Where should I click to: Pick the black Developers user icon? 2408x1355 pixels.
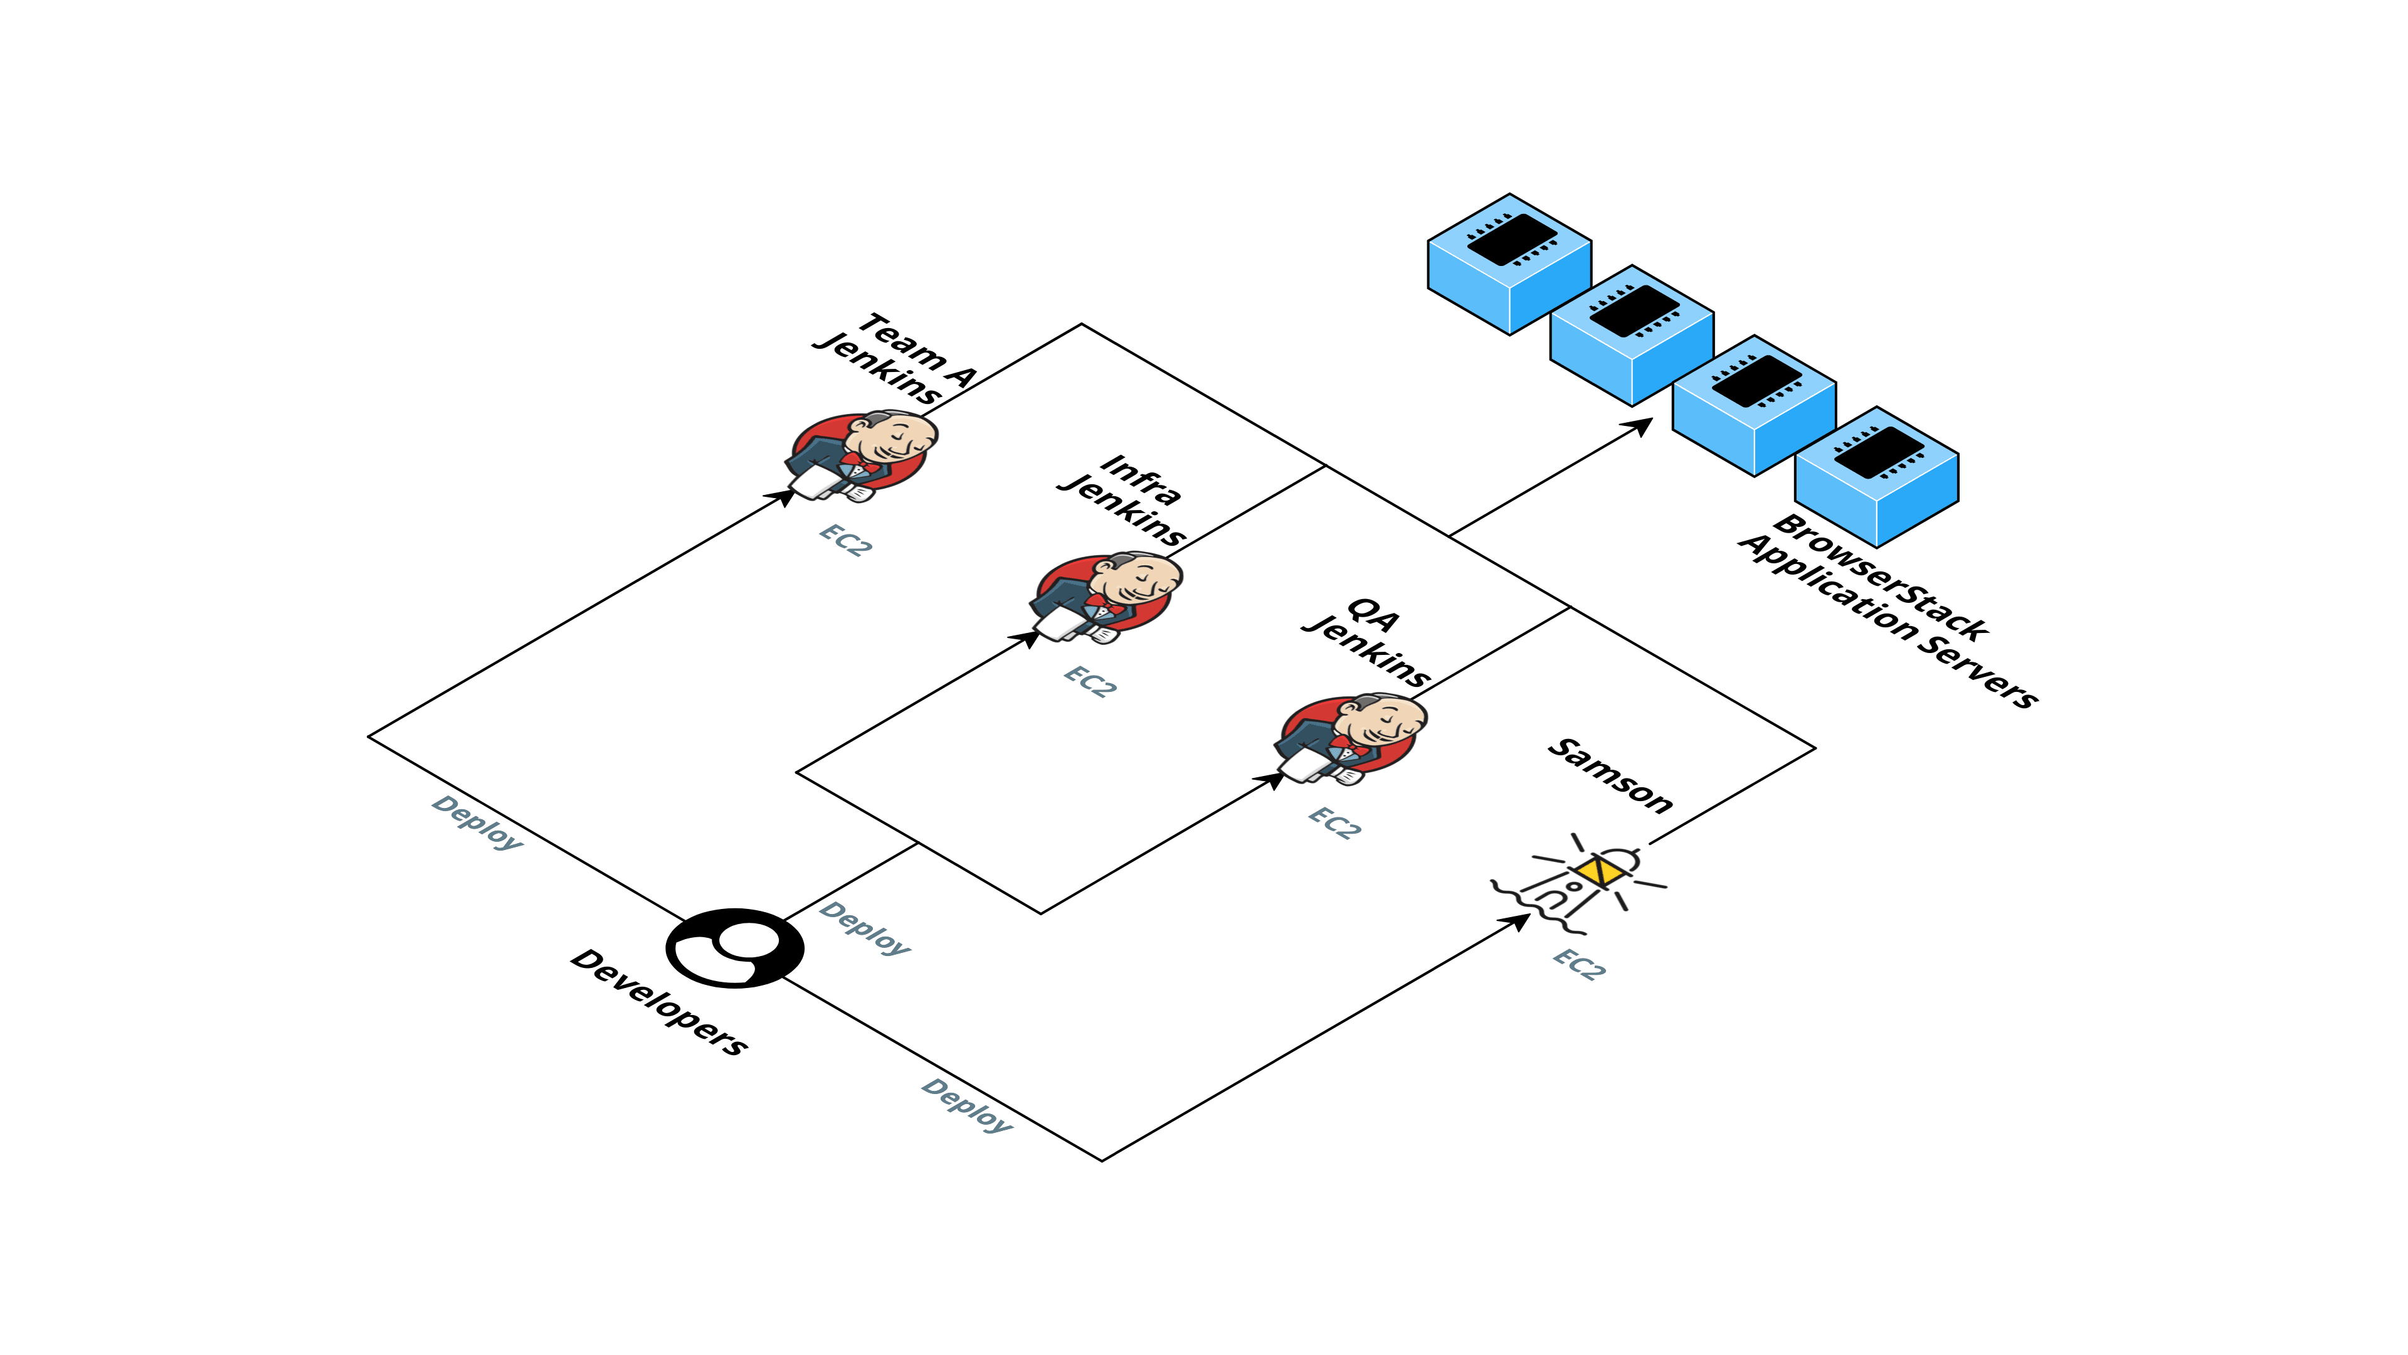[735, 947]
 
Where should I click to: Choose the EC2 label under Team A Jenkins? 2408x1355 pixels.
[846, 539]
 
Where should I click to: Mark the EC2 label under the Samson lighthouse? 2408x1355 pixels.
[1580, 963]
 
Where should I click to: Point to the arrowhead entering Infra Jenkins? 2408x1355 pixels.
[1027, 639]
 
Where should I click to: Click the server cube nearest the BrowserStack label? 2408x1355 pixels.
[1877, 476]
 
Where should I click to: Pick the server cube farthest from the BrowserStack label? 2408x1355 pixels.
[1509, 263]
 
